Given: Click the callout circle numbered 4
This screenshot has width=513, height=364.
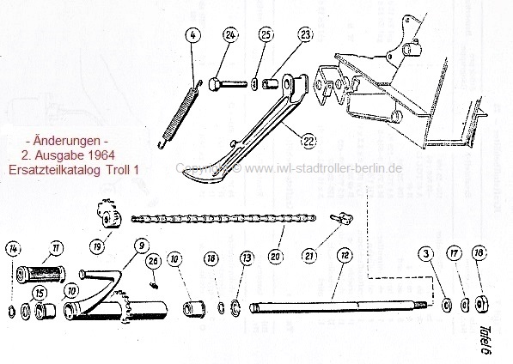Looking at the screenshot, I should (x=193, y=36).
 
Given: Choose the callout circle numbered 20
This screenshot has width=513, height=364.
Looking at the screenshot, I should (x=275, y=256).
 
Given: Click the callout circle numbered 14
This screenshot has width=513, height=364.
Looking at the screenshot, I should (x=13, y=249).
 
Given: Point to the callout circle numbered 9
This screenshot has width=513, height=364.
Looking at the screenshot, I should (x=139, y=247).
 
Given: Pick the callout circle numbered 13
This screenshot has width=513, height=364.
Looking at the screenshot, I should (x=247, y=258).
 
